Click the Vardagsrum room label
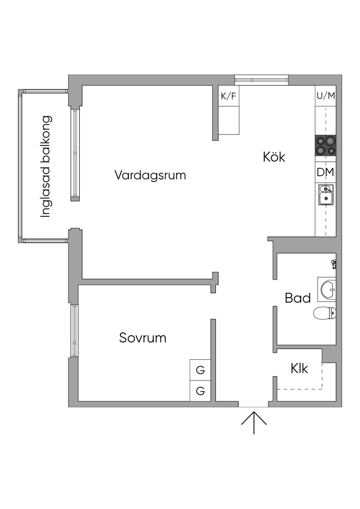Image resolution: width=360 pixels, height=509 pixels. pyautogui.click(x=150, y=175)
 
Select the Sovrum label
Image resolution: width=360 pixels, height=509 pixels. pyautogui.click(x=143, y=338)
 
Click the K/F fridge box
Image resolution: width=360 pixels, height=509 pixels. pyautogui.click(x=229, y=96)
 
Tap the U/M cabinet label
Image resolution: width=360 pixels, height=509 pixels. pyautogui.click(x=326, y=96)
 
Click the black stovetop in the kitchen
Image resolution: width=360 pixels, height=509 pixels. pyautogui.click(x=326, y=145)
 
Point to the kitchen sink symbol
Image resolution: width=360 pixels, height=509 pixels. pyautogui.click(x=326, y=195)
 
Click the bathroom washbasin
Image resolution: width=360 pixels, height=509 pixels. pyautogui.click(x=327, y=289)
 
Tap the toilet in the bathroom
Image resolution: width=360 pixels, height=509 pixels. pyautogui.click(x=324, y=313)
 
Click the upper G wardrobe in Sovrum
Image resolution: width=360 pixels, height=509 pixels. pyautogui.click(x=200, y=370)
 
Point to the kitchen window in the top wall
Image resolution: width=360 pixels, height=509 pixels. pyautogui.click(x=261, y=80)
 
